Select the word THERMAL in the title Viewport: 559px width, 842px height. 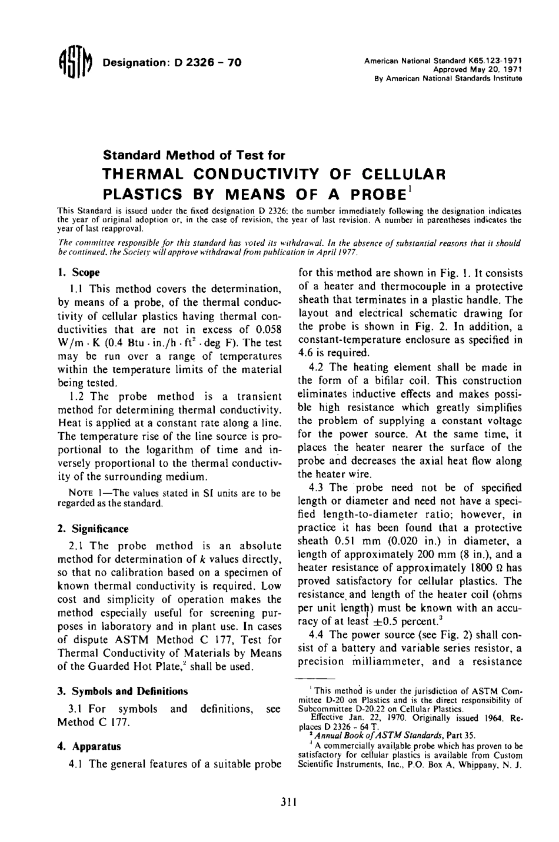[145, 175]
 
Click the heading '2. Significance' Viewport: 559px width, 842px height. [93, 529]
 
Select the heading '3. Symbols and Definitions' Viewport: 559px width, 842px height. [122, 691]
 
